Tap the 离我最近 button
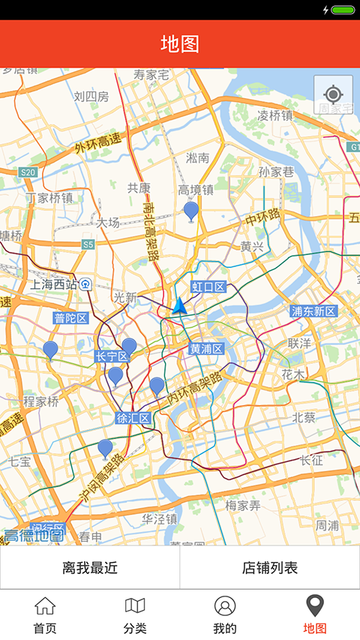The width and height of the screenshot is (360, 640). (x=90, y=567)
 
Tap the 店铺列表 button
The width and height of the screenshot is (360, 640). (x=270, y=567)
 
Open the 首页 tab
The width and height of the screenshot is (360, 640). (x=45, y=614)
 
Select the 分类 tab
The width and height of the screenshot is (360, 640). (x=135, y=614)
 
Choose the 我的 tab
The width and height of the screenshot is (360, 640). (x=225, y=614)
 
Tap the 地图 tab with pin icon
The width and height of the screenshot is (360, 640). (x=315, y=614)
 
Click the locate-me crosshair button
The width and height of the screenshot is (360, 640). (x=333, y=95)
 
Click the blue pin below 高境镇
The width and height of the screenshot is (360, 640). (x=191, y=211)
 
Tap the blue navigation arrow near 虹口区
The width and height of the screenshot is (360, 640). (x=179, y=305)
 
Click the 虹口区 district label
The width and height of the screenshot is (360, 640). (x=208, y=287)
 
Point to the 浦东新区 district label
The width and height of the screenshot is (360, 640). (x=313, y=311)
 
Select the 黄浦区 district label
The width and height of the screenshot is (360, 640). (x=205, y=349)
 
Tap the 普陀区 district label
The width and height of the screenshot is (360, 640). (x=71, y=318)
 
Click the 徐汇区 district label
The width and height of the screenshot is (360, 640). (x=133, y=417)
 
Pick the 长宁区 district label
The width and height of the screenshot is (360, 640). (x=112, y=357)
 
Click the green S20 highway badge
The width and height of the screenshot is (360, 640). (x=28, y=173)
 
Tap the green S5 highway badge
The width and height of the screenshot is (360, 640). (x=88, y=245)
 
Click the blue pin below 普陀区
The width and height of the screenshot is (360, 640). (x=50, y=350)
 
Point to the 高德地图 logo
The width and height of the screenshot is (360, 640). (x=34, y=535)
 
